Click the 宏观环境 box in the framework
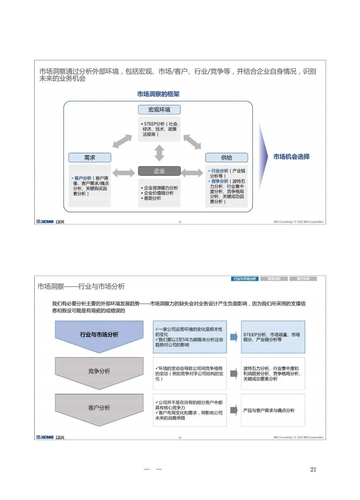tap(159, 110)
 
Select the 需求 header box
tap(90, 157)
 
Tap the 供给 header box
tap(227, 157)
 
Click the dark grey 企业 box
tap(159, 171)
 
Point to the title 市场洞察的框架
tap(158, 94)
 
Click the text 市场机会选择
tap(291, 157)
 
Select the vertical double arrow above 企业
tap(159, 153)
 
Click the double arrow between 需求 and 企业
tap(124, 172)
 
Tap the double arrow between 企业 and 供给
tap(192, 172)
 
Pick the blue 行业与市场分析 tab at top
tap(245, 279)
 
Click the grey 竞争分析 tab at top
tap(274, 279)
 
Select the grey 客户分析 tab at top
tap(303, 279)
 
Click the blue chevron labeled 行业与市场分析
tap(99, 335)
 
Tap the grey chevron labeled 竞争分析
tap(99, 372)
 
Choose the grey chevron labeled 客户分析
tap(99, 408)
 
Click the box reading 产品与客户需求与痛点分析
tap(273, 410)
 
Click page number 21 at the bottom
tap(313, 469)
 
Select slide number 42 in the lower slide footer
tap(180, 438)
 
